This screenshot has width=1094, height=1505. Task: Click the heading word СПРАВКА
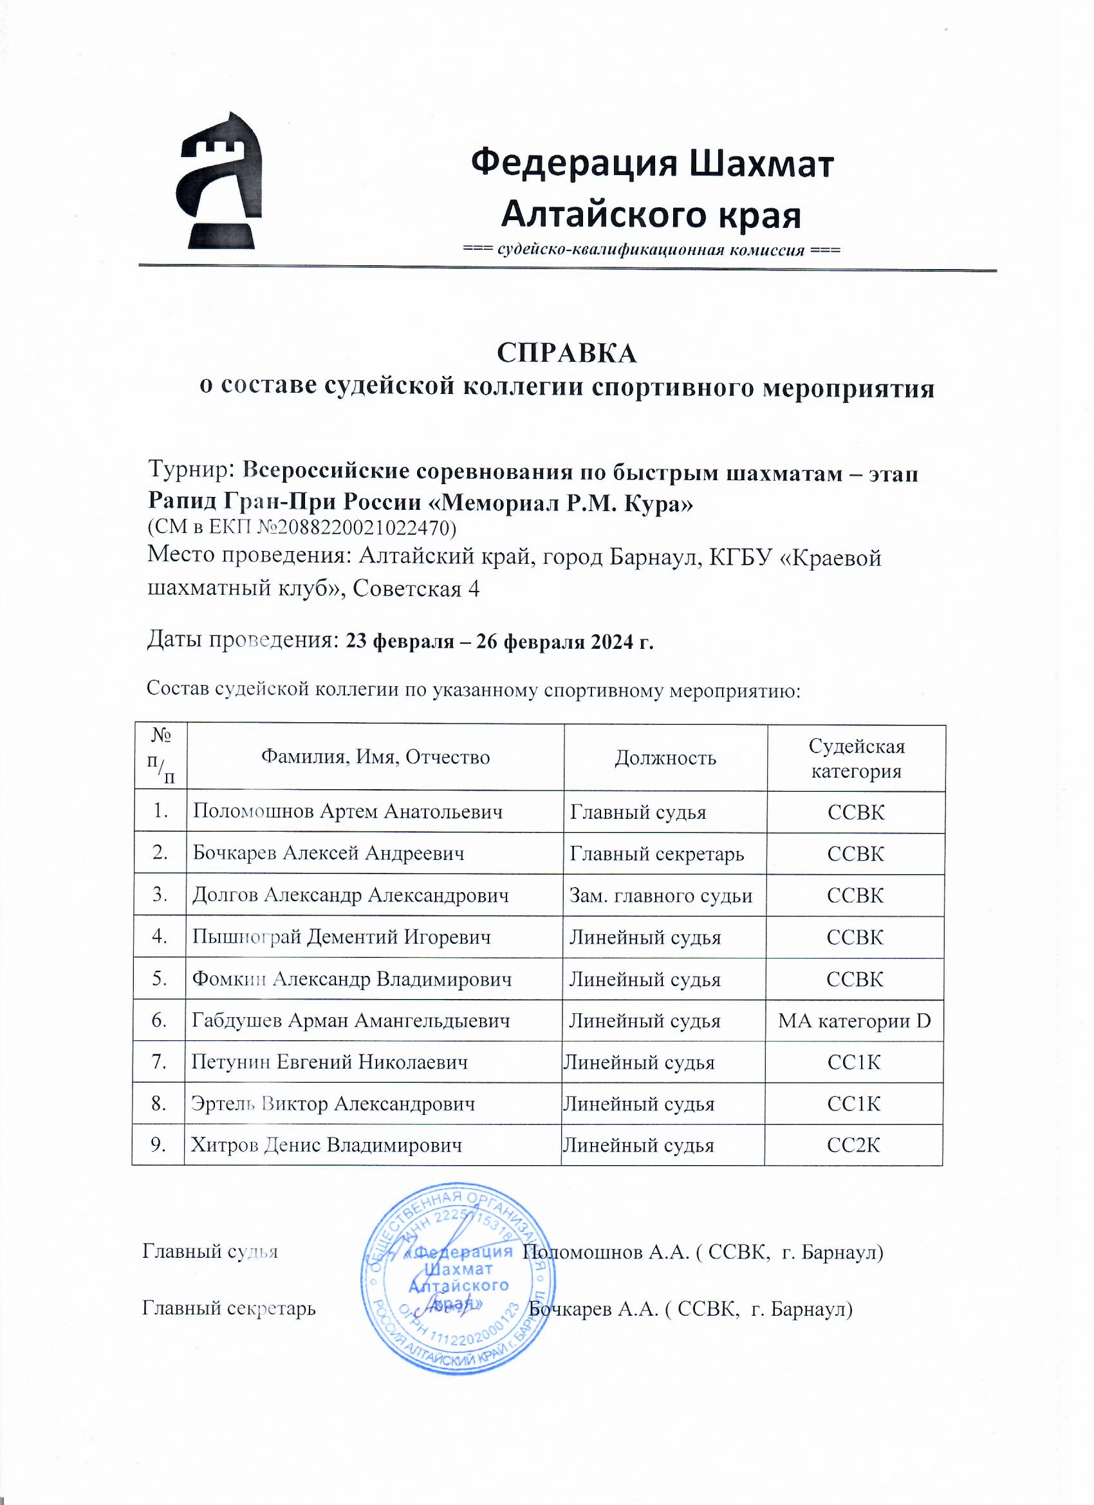[x=566, y=353]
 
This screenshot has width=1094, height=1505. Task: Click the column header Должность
[x=665, y=758]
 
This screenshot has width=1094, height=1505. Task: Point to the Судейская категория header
[x=856, y=758]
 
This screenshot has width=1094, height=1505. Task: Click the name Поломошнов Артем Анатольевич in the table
[x=347, y=812]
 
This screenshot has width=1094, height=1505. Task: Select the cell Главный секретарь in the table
[x=657, y=854]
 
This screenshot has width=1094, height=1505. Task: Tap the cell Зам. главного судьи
[x=661, y=895]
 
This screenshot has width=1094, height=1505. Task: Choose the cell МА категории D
[x=855, y=1020]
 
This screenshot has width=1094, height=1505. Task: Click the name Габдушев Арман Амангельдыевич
[x=350, y=1020]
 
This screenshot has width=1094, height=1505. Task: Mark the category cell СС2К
[x=853, y=1145]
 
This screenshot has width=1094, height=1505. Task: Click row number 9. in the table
[x=158, y=1145]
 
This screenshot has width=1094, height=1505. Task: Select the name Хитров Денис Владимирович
[x=326, y=1145]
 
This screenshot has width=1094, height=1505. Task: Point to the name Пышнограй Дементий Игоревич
[x=341, y=937]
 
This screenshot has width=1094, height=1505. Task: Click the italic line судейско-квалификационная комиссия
[x=651, y=250]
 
